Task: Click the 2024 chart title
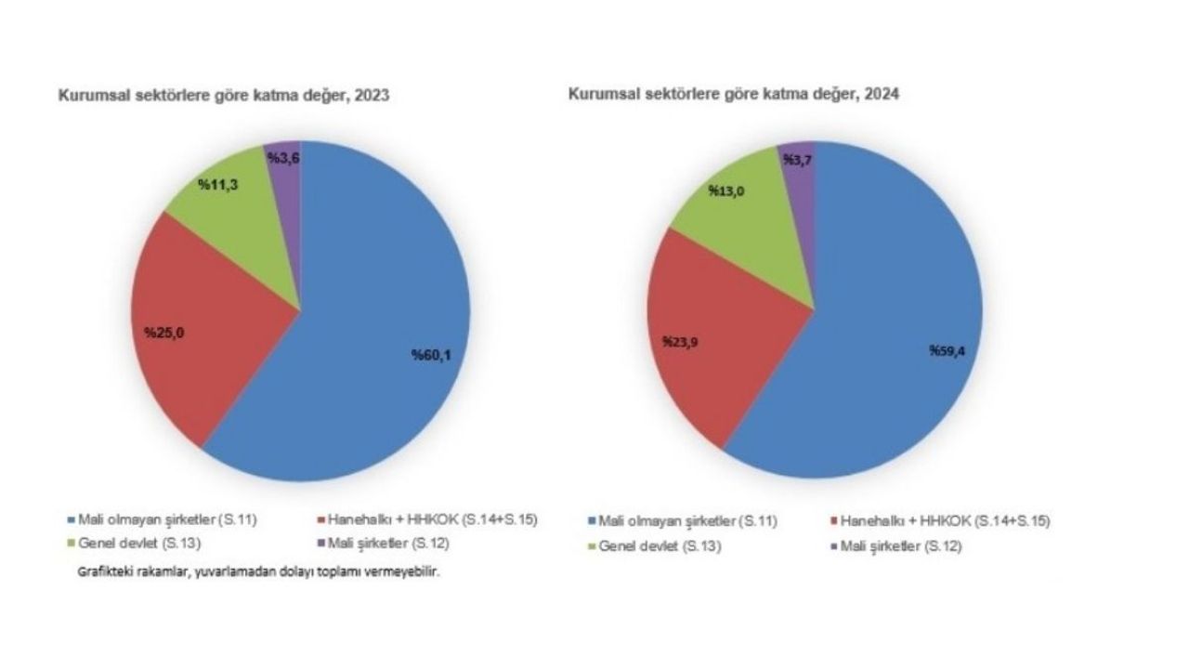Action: pos(735,95)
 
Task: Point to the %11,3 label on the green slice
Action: pos(219,184)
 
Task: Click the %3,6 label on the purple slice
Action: pos(282,158)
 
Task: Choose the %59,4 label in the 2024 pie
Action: pos(948,351)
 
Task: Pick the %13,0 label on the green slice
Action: pos(728,190)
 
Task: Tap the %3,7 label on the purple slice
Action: pos(799,161)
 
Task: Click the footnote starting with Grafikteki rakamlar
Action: pos(258,572)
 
